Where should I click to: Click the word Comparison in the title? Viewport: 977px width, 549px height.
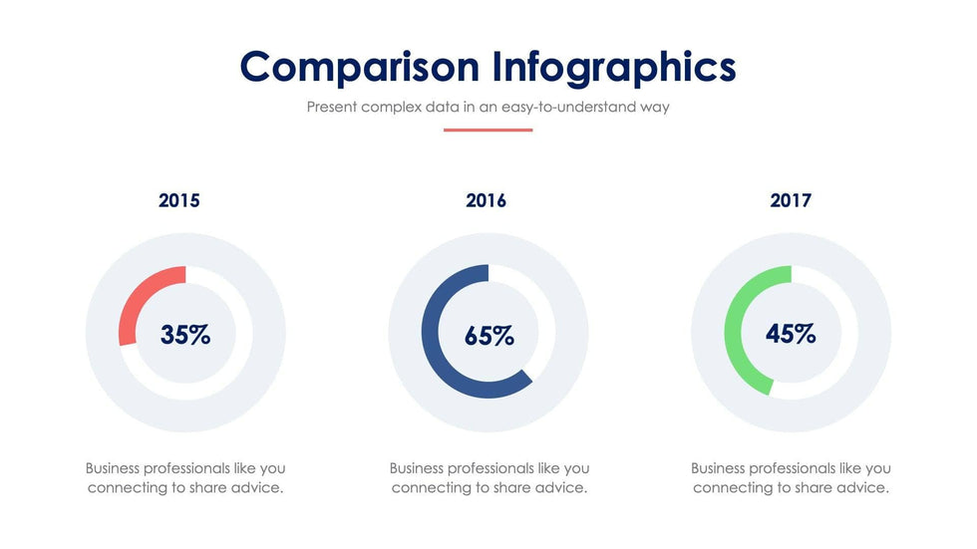coord(360,67)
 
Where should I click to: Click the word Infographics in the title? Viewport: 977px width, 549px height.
coord(614,67)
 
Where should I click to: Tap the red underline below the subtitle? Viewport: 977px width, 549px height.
coord(488,130)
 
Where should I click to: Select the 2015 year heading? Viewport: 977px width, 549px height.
coord(179,200)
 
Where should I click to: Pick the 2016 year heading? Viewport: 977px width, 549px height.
coord(487,200)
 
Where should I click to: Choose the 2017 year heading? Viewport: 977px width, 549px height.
coord(791,200)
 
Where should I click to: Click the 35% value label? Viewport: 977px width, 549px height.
coord(185,335)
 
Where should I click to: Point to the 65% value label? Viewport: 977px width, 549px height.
coord(489,336)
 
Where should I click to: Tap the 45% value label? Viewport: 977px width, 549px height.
coord(791,334)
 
